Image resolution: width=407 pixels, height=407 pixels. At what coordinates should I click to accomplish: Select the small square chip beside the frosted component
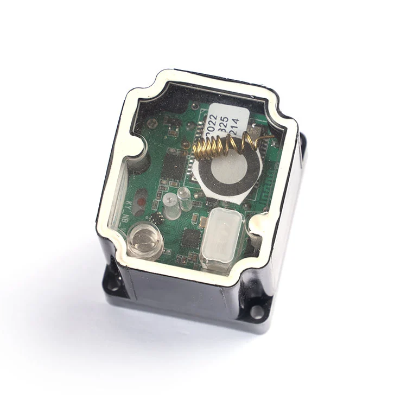pos(189,237)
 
